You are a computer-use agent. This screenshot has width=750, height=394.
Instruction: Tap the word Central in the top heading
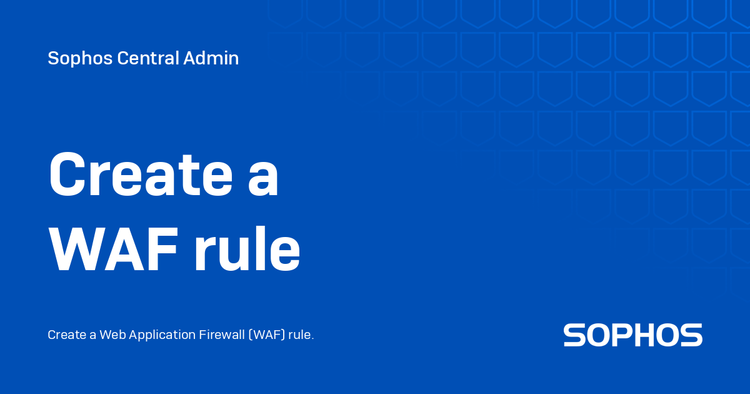(x=147, y=59)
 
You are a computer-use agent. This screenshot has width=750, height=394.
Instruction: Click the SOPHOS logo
(x=632, y=335)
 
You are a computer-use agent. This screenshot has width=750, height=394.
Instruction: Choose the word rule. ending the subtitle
(x=302, y=335)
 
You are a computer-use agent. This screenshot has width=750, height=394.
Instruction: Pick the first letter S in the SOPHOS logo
(x=574, y=335)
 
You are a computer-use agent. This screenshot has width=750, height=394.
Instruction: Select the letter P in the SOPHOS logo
(x=621, y=335)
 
